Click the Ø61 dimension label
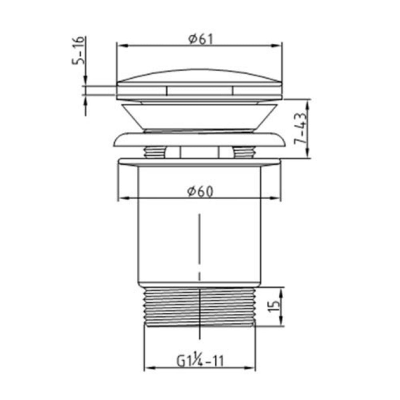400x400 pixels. coord(199,39)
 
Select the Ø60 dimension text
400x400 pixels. coord(199,192)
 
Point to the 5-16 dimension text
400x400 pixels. coord(78,50)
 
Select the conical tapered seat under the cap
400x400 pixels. coord(199,116)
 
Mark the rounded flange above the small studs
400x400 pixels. coord(199,139)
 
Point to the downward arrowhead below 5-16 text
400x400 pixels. coord(85,80)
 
